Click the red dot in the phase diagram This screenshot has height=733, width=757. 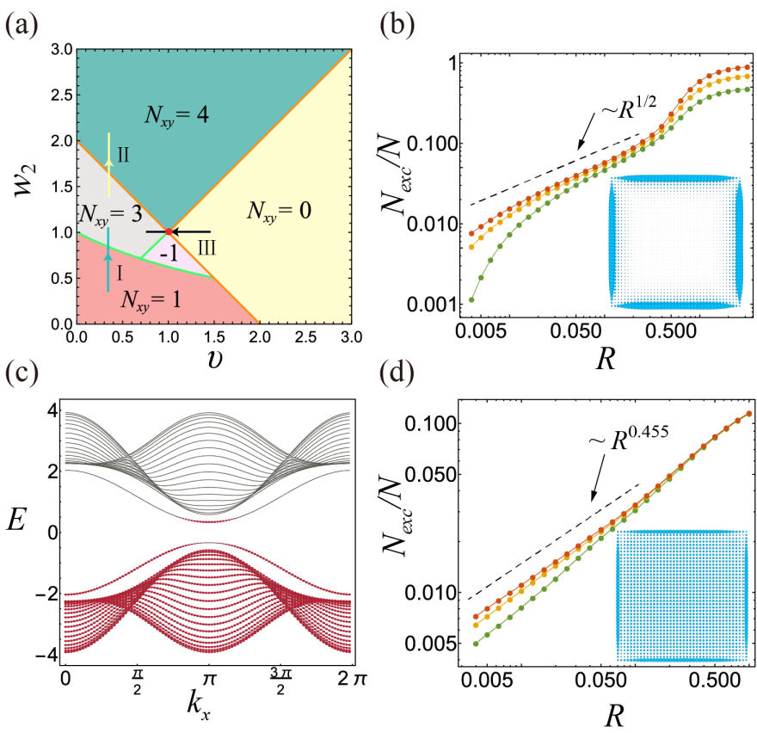[x=169, y=231]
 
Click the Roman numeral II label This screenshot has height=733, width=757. [x=124, y=156]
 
